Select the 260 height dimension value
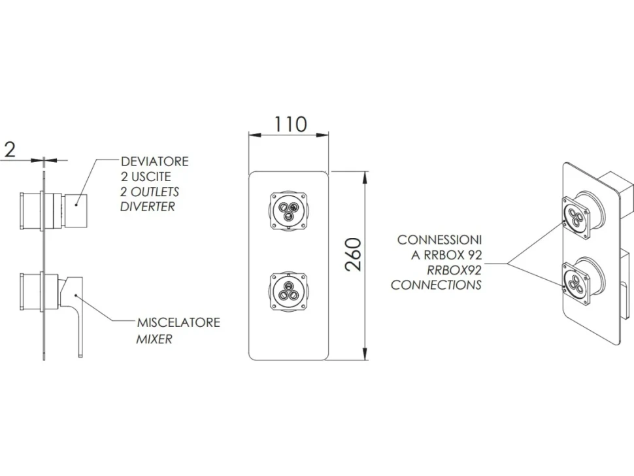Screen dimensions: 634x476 [352, 254]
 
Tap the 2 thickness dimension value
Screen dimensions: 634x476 [10, 149]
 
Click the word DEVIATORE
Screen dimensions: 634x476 [154, 161]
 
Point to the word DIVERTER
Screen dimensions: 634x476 [148, 206]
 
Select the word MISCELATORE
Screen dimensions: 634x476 [178, 322]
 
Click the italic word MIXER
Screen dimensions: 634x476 [154, 339]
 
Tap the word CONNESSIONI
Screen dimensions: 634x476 [439, 240]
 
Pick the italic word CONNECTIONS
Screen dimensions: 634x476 [436, 284]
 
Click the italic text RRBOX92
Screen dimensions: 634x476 [454, 270]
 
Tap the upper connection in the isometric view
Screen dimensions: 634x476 [582, 213]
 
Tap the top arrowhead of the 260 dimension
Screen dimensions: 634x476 [365, 177]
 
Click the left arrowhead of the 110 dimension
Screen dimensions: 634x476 [254, 135]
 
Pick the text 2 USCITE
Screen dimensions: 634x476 [146, 177]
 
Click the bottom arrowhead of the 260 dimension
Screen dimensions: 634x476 [365, 354]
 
